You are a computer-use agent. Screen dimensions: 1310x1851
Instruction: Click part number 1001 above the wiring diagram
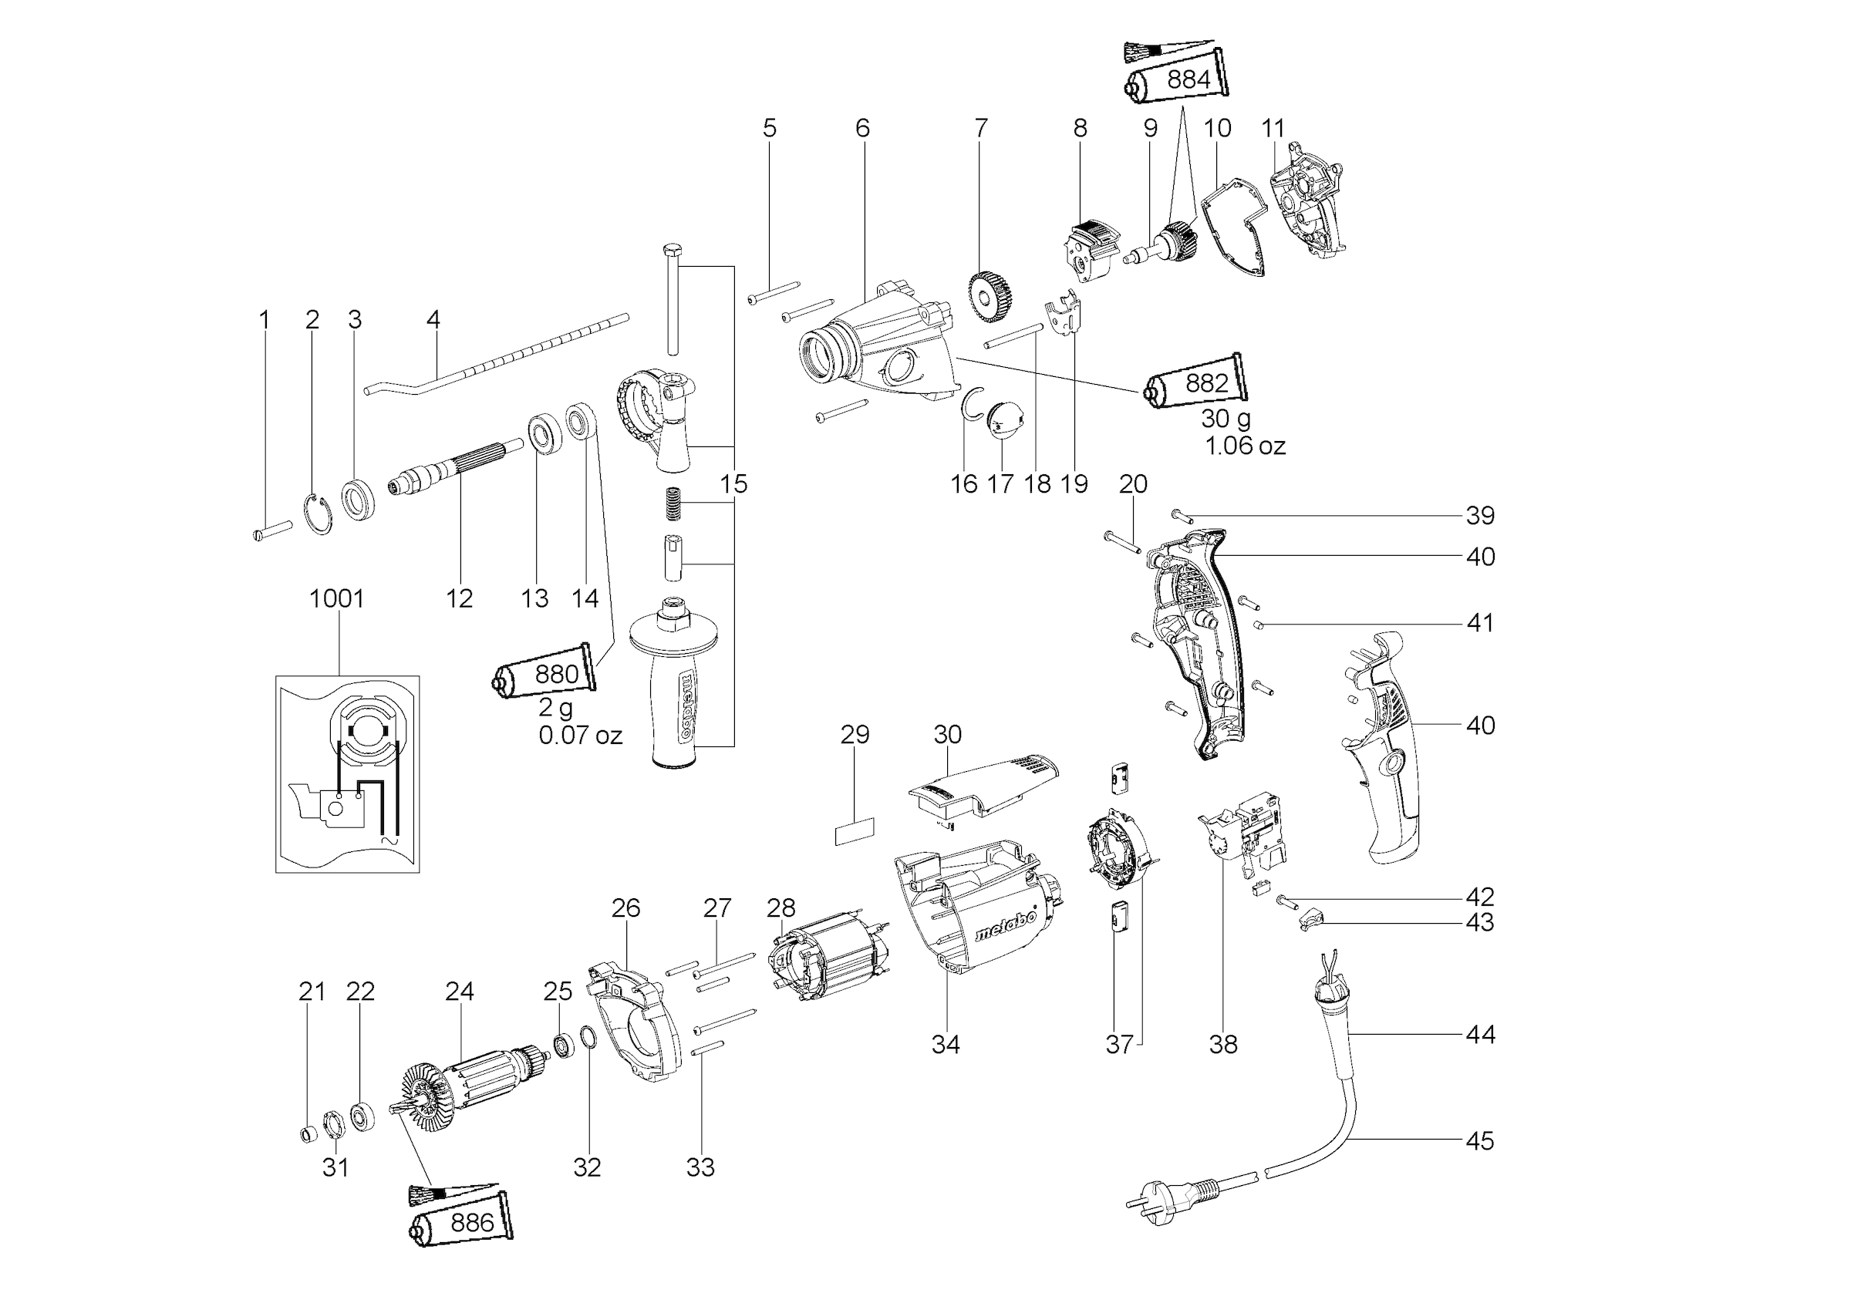click(336, 598)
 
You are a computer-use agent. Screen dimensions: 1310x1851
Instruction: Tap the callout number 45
click(1480, 1140)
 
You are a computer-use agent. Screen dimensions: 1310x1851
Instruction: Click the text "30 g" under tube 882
click(1226, 418)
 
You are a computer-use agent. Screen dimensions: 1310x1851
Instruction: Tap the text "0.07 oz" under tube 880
click(580, 735)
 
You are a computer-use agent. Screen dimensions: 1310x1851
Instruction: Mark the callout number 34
click(946, 1044)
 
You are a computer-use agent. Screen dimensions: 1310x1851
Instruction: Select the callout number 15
click(733, 484)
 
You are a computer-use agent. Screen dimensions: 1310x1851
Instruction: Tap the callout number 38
click(1223, 1044)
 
